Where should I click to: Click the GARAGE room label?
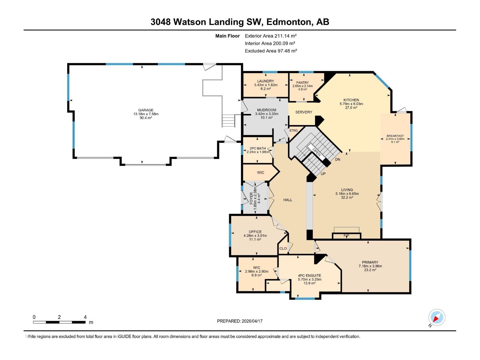[x=146, y=110]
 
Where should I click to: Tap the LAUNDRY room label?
[x=265, y=81]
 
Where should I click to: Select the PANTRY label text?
[x=302, y=82]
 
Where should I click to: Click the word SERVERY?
[x=304, y=112]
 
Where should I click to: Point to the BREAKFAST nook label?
[x=395, y=136]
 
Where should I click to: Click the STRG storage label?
[x=293, y=130]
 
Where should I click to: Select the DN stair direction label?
[x=337, y=160]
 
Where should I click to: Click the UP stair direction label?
[x=323, y=174]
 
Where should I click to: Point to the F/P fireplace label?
[x=346, y=236]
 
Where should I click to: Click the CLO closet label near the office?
[x=283, y=248]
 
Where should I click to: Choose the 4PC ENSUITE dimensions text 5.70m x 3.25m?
[x=309, y=279]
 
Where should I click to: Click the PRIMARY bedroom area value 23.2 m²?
[x=370, y=270]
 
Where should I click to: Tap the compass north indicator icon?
[x=436, y=317]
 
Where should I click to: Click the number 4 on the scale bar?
[x=85, y=317]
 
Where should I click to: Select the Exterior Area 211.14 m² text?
[x=271, y=36]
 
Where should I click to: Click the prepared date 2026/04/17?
[x=252, y=321]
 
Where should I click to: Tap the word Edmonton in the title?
[x=288, y=22]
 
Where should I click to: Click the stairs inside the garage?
[x=228, y=121]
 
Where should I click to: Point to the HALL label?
[x=288, y=200]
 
